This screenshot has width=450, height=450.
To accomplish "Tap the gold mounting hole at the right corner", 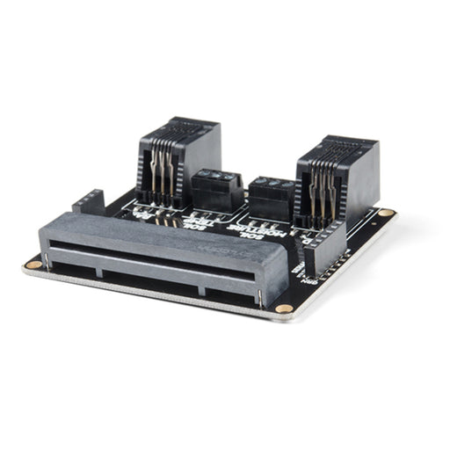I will [386, 214].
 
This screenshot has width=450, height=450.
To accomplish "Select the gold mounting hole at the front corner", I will [282, 309].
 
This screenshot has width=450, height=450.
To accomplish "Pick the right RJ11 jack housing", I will [337, 180].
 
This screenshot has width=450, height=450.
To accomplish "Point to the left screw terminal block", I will [217, 190].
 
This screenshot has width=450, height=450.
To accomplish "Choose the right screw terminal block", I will [271, 199].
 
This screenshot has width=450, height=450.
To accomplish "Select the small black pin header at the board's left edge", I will [88, 203].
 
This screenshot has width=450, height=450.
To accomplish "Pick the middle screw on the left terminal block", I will [216, 178].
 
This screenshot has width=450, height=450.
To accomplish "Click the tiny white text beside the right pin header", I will [309, 279].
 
